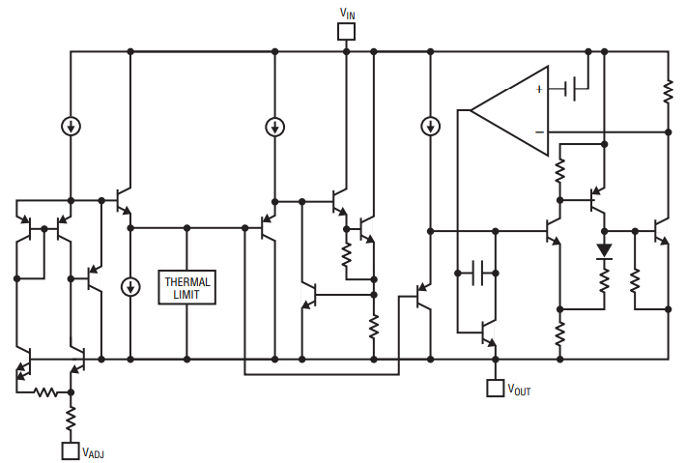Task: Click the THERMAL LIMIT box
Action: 186,287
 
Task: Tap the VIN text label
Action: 347,12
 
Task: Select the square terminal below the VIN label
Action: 346,31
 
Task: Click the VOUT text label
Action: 518,391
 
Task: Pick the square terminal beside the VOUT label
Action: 495,389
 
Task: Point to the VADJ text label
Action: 93,452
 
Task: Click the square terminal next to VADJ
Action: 71,450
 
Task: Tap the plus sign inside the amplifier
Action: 538,90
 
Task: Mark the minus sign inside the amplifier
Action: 538,130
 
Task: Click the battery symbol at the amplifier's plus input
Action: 577,89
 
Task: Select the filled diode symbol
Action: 605,251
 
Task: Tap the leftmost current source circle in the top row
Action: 71,127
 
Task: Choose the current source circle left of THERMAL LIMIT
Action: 130,287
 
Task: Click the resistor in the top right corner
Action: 668,91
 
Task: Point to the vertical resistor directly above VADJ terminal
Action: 71,419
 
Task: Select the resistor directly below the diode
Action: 605,281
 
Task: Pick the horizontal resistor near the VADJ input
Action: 45,392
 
